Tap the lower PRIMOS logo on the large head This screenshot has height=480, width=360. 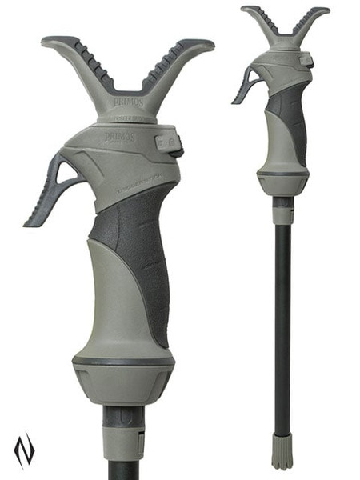click(x=119, y=137)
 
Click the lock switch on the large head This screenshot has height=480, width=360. click(x=167, y=143)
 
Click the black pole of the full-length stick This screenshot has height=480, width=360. click(x=281, y=320)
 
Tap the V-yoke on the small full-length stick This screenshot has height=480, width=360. click(x=285, y=29)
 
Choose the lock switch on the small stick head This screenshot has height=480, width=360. click(x=305, y=59)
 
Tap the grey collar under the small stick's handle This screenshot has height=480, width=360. click(x=282, y=210)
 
